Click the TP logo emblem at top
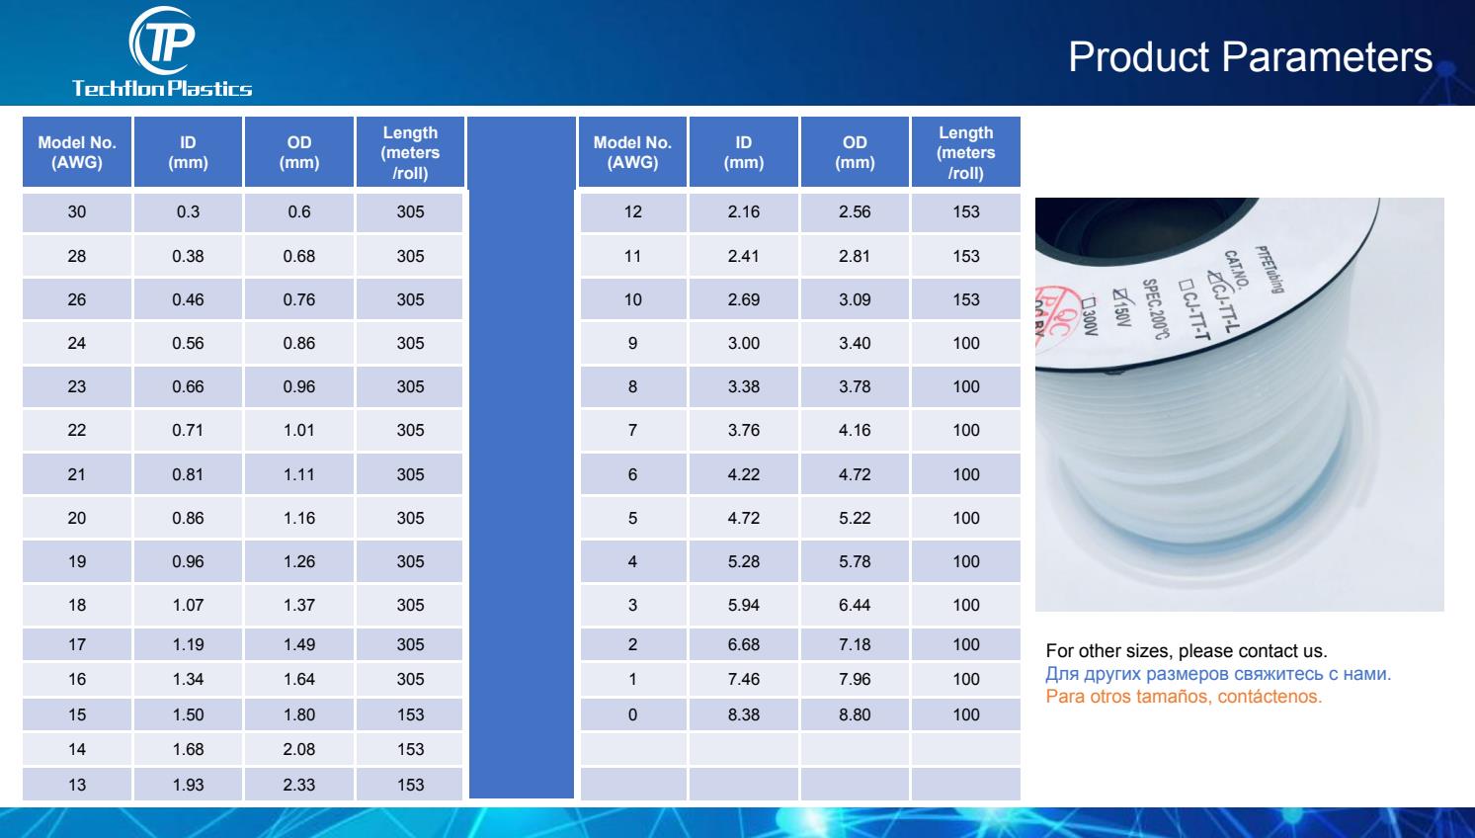pos(163,41)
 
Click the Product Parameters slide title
pos(1250,56)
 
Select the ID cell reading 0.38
pos(188,256)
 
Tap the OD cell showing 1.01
pos(299,430)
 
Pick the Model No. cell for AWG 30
pos(76,211)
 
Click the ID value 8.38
pos(743,714)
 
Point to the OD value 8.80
pos(855,714)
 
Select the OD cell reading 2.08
pos(299,749)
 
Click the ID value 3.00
pos(743,343)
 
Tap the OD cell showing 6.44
pos(855,605)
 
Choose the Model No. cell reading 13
pos(76,785)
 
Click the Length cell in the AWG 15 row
pos(410,714)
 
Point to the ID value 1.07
pos(188,605)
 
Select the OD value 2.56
pos(855,211)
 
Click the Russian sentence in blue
pos(1218,674)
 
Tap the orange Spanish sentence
pos(1184,697)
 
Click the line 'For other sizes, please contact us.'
pos(1186,651)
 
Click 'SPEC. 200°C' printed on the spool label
pos(1155,309)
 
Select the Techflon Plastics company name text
pos(162,88)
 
